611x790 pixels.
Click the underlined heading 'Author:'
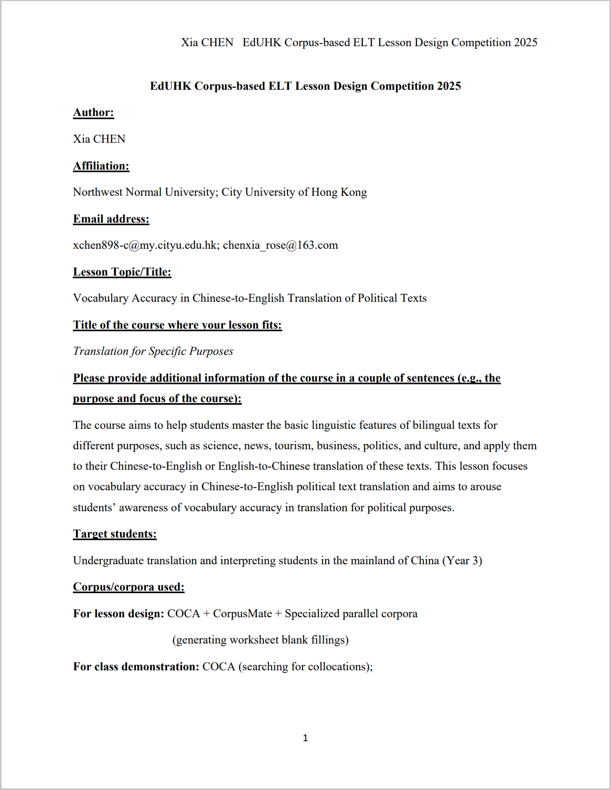pos(93,112)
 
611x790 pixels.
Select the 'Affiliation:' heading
pos(101,166)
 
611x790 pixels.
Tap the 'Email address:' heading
pos(111,219)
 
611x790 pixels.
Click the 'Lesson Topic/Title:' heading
pos(122,272)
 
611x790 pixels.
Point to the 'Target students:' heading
pos(115,534)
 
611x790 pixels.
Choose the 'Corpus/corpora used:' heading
pos(128,587)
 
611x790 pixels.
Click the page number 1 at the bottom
pos(305,738)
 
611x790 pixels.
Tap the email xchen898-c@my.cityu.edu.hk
pos(145,245)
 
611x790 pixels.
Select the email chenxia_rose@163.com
pos(281,245)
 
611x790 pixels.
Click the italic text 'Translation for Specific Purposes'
pos(153,351)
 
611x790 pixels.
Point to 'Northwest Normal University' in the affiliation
pos(144,192)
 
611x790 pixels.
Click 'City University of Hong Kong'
pos(294,192)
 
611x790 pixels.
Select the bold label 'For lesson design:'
pos(119,614)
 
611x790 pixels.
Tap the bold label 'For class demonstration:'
pos(136,667)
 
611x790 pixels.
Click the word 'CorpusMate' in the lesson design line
pos(242,614)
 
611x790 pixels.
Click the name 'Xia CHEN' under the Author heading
pos(99,139)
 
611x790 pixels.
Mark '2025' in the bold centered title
pos(448,86)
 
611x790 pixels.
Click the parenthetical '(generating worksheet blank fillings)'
pos(261,640)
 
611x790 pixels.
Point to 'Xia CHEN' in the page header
pos(207,43)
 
